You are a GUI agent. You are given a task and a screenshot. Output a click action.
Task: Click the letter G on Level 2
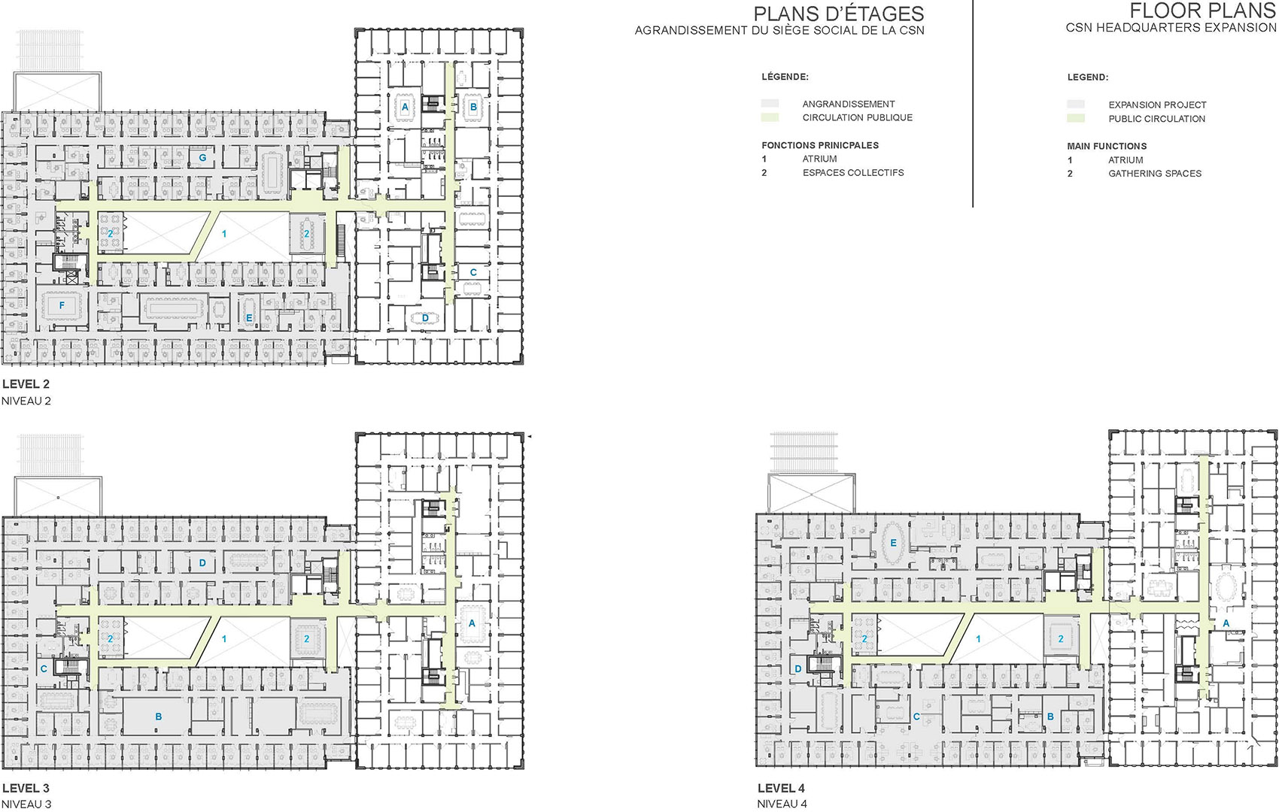202,159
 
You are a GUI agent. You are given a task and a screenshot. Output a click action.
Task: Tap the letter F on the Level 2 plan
62,305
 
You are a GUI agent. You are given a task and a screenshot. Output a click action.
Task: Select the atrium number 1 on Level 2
224,234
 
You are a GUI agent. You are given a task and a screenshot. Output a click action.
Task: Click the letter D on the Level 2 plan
425,318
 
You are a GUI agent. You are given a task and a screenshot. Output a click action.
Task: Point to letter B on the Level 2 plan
473,107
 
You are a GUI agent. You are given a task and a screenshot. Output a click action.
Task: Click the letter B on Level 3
159,717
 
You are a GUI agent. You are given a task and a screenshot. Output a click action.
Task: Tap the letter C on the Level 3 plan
44,668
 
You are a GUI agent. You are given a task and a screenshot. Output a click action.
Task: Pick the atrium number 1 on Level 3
224,639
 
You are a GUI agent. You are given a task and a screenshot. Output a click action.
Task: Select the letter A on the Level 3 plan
472,623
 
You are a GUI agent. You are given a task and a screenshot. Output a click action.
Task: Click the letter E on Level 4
894,543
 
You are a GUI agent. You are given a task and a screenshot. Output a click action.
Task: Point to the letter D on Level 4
798,668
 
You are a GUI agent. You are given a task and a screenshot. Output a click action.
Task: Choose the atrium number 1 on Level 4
978,639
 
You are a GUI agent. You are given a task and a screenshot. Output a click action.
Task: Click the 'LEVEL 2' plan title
26,384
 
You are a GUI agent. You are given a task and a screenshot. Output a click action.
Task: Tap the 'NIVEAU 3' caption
26,804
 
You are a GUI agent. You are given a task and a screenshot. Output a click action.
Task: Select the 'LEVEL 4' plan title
781,788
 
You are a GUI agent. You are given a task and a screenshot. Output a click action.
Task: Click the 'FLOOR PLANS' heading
1202,11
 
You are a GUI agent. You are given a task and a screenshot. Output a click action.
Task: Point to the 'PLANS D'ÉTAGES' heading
838,14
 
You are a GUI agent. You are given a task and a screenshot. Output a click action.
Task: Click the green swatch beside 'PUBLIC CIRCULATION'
1076,119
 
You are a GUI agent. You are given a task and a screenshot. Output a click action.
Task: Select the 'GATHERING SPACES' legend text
1154,174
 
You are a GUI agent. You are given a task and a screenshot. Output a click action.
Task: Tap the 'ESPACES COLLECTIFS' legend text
852,173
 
